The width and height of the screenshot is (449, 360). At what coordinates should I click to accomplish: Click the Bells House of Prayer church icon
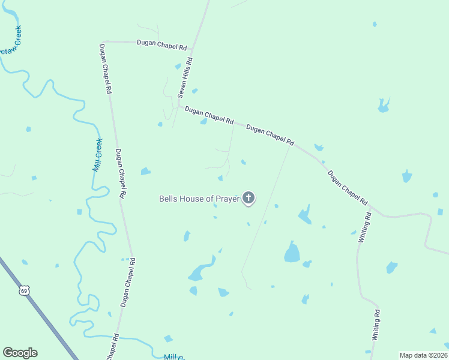249,198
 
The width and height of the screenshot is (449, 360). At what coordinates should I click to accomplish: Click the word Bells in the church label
168,199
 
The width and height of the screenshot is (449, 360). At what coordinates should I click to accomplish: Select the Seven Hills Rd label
185,78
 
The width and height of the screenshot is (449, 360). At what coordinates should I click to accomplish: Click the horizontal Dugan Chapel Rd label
162,43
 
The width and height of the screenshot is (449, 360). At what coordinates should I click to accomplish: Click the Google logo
20,353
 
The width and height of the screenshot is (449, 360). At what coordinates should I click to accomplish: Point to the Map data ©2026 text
424,355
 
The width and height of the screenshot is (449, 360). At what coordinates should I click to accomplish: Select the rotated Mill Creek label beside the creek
98,155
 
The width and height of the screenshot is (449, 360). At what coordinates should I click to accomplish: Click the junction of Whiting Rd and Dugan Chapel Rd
370,207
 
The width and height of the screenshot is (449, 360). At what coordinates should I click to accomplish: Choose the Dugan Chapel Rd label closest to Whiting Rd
348,188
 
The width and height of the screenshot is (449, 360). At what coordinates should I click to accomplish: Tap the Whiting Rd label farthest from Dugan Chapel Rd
376,325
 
